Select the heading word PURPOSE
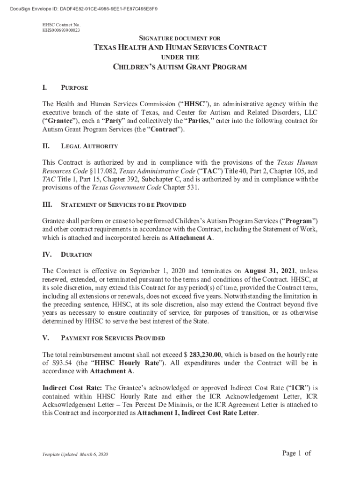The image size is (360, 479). (74, 87)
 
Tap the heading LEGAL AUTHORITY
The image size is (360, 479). (89, 146)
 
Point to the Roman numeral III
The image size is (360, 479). (47, 205)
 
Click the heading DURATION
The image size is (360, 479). (77, 254)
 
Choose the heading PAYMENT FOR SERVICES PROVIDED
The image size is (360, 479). (113, 338)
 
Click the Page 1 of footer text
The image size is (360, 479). (297, 453)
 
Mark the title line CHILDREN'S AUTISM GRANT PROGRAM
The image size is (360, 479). (180, 67)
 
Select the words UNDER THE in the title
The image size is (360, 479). (180, 57)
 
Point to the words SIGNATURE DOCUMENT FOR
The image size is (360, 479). (180, 38)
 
